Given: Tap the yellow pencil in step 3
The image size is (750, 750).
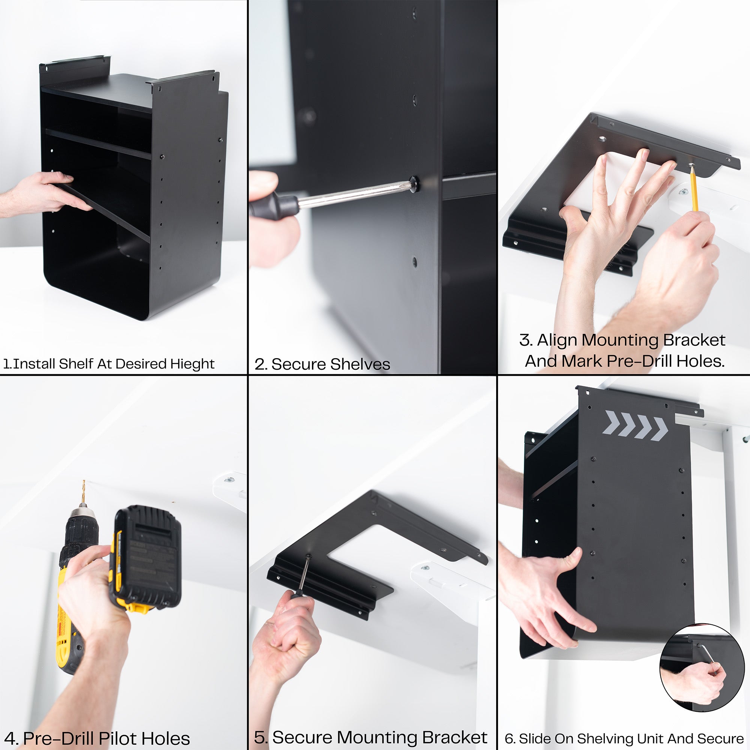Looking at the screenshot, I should (694, 190).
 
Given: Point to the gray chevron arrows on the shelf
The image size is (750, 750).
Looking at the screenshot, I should (635, 425).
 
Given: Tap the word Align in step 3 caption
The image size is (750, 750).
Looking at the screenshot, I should (558, 340).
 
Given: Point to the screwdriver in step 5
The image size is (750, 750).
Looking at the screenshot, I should (303, 574).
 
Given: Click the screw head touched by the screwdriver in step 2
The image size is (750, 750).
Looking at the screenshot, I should (414, 183).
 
